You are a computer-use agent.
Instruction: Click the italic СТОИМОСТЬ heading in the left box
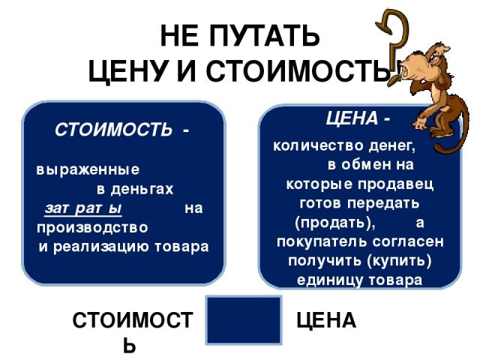(113, 130)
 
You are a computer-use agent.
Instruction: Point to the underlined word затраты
(83, 208)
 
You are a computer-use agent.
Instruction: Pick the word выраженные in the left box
(88, 169)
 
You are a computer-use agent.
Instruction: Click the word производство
(92, 228)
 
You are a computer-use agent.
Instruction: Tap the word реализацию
(102, 247)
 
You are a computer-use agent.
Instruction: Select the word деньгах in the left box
(142, 189)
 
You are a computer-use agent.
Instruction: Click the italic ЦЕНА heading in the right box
(352, 118)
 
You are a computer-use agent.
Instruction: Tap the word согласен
(408, 241)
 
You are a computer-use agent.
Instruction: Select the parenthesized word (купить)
(398, 261)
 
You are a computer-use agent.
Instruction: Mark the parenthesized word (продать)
(335, 223)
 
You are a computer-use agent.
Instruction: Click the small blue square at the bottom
(244, 320)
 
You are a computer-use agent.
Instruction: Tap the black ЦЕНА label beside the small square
(326, 320)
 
